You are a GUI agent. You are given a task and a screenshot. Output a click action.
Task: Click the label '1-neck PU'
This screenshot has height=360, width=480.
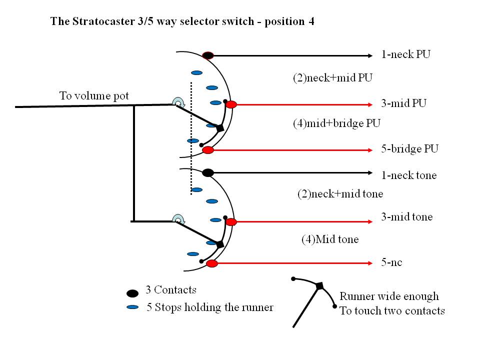[x=405, y=54]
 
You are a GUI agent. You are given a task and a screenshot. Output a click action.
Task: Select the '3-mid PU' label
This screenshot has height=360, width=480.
[x=403, y=103]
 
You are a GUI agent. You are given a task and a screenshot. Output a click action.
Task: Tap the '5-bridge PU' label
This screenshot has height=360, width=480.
[x=409, y=149]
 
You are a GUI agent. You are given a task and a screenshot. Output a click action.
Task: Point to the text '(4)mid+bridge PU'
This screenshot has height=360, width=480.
[x=336, y=123]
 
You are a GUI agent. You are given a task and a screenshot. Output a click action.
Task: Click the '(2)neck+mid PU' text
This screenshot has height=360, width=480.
[x=332, y=78]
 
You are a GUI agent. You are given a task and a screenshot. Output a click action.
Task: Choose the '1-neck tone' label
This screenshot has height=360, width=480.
[x=408, y=175]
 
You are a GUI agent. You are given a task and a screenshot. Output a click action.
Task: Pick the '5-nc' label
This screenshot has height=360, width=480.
[x=391, y=262]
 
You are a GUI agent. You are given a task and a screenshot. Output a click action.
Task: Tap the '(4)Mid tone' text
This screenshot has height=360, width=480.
[x=329, y=239]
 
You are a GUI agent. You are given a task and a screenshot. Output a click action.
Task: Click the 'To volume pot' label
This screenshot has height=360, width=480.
[x=94, y=96]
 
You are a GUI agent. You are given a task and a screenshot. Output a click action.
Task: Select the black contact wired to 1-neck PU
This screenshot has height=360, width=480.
[x=208, y=55]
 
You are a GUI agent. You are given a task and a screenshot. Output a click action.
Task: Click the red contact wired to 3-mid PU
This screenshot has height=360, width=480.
[x=231, y=104]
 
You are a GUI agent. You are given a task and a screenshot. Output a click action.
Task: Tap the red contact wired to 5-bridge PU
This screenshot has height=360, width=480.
[x=208, y=150]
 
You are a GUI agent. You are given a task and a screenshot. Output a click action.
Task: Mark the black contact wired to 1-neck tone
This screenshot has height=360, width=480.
[x=208, y=172]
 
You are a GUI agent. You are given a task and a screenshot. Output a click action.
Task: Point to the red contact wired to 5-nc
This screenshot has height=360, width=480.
[x=212, y=263]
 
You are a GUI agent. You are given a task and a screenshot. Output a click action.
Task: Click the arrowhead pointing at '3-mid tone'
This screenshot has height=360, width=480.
[x=370, y=221]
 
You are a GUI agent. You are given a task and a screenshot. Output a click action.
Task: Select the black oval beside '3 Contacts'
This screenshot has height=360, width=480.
[x=132, y=293]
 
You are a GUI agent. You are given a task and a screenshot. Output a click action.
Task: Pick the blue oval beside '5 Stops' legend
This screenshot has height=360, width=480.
[x=132, y=307]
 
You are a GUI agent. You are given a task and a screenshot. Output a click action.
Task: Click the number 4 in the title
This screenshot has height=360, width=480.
[x=311, y=21]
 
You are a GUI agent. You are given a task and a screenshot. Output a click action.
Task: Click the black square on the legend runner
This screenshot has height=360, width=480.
[x=319, y=286]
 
